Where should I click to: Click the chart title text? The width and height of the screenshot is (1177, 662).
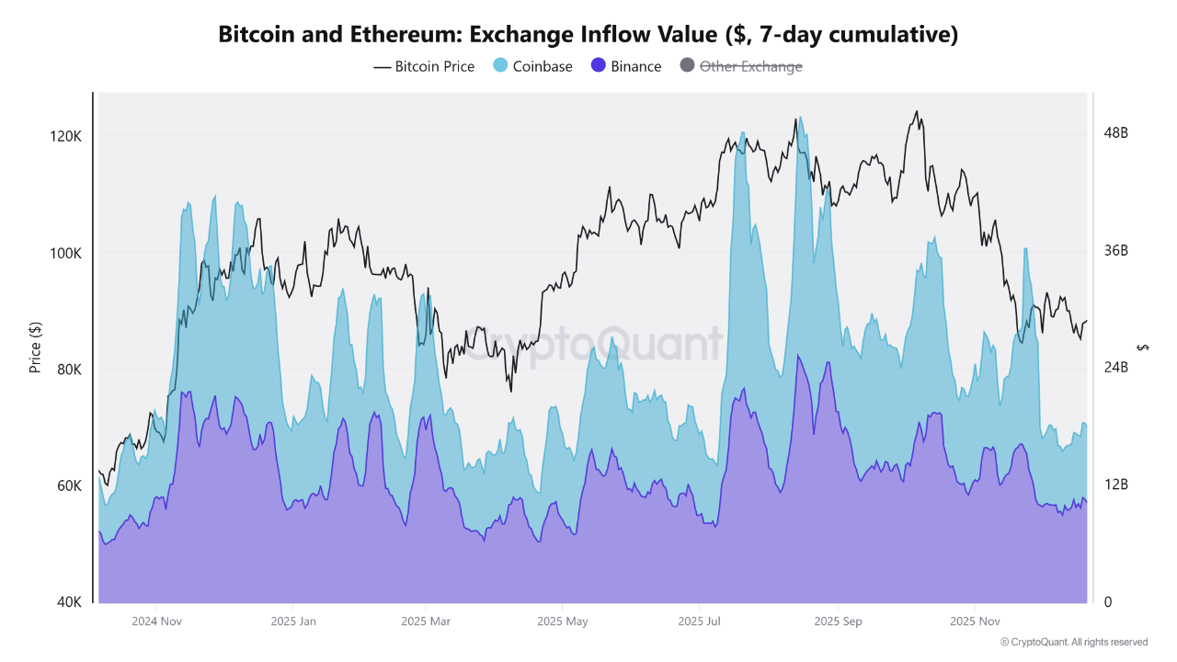pyautogui.click(x=588, y=35)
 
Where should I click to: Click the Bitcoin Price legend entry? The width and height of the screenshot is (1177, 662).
pyautogui.click(x=424, y=66)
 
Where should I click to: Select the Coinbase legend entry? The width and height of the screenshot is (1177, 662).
pyautogui.click(x=533, y=66)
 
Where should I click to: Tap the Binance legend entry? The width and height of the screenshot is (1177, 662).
pyautogui.click(x=626, y=66)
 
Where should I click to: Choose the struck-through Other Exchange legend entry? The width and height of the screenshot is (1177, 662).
pyautogui.click(x=741, y=66)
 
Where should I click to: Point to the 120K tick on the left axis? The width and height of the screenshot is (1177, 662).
pyautogui.click(x=66, y=136)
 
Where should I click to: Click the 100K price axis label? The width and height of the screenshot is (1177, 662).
pyautogui.click(x=66, y=253)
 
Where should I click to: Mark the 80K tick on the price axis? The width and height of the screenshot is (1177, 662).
pyautogui.click(x=69, y=370)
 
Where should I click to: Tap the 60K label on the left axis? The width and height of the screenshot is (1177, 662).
pyautogui.click(x=69, y=485)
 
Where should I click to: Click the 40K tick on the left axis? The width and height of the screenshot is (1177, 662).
pyautogui.click(x=69, y=602)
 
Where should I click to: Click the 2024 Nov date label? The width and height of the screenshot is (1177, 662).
pyautogui.click(x=156, y=622)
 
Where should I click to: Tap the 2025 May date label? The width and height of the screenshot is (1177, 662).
pyautogui.click(x=563, y=622)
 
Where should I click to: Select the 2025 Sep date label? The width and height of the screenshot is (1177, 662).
pyautogui.click(x=838, y=622)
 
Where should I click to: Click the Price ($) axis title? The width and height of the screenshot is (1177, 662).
pyautogui.click(x=36, y=348)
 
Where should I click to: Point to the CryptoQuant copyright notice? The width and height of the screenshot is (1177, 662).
pyautogui.click(x=1073, y=643)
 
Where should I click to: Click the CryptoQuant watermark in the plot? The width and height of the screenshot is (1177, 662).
pyautogui.click(x=591, y=344)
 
